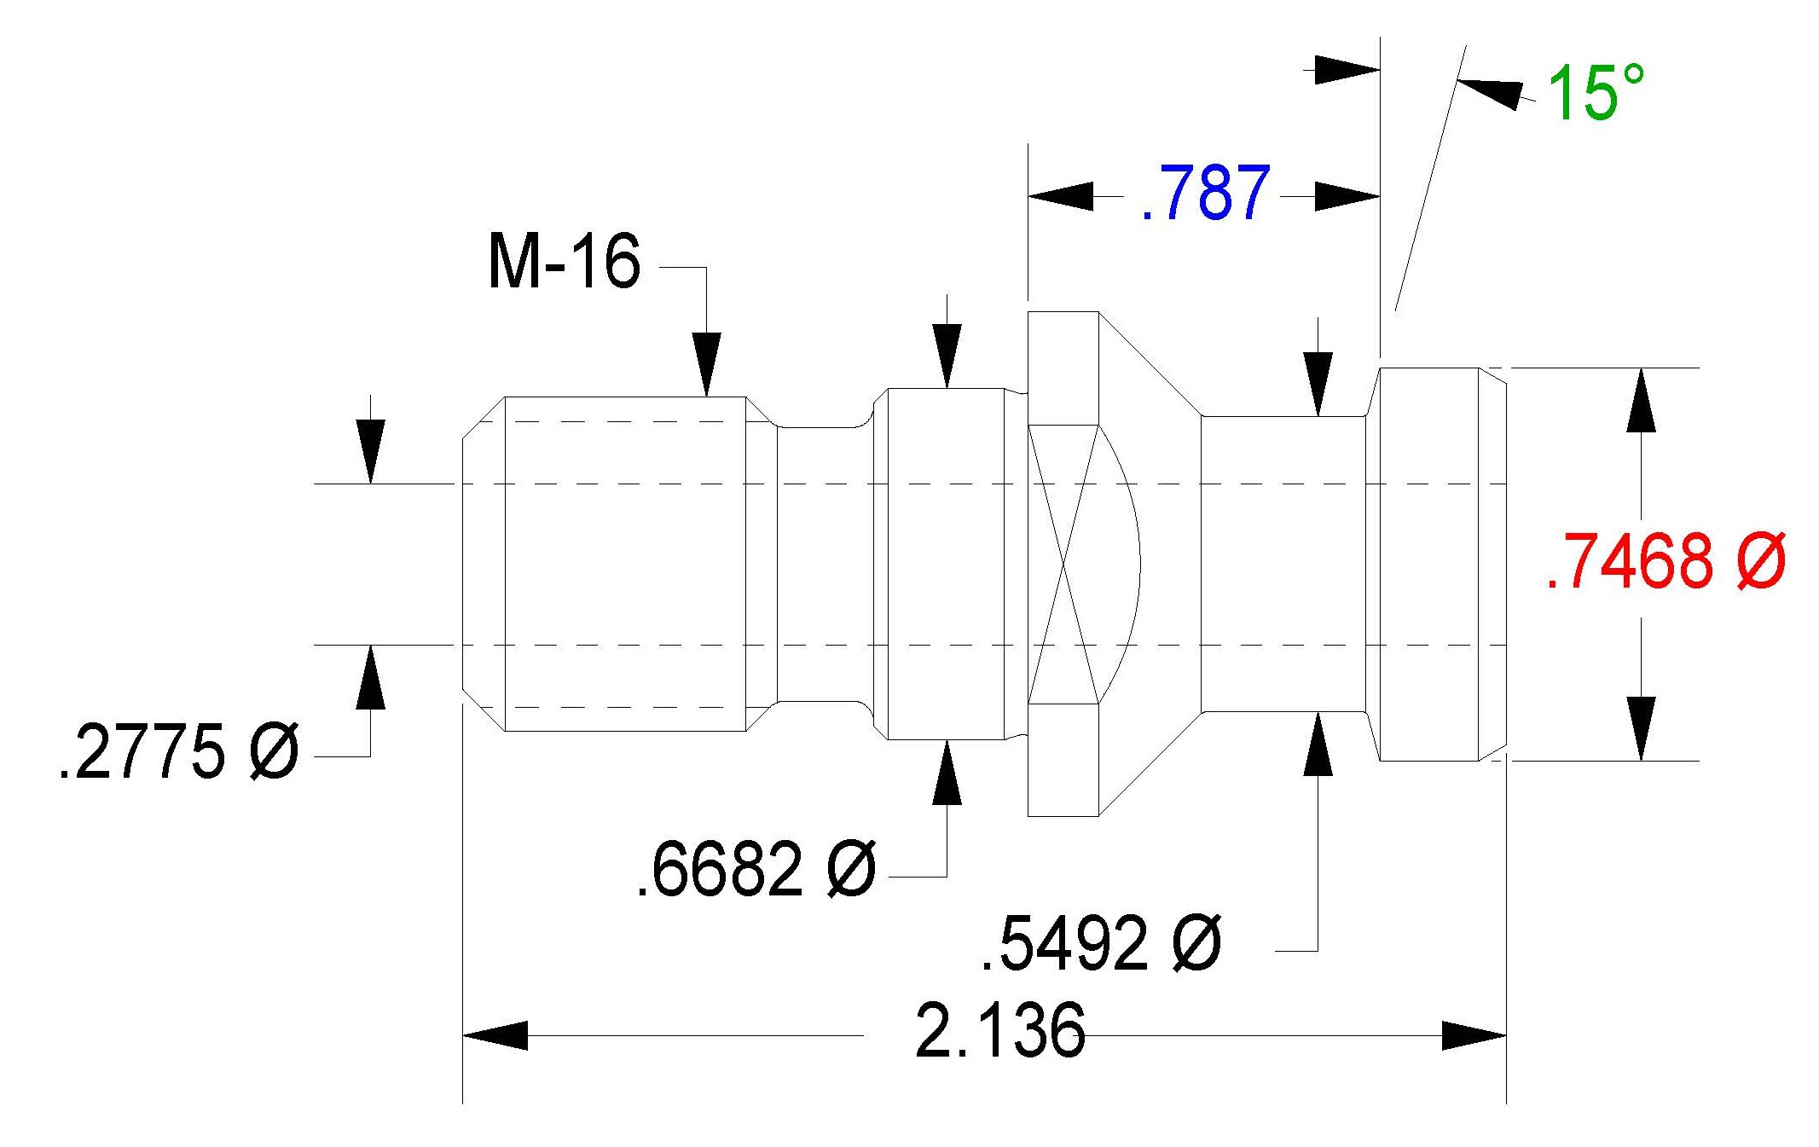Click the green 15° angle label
click(x=1596, y=92)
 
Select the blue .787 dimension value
click(x=1206, y=194)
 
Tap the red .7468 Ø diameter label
click(x=1665, y=561)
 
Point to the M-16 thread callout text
click(x=564, y=261)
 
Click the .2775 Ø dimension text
click(x=179, y=751)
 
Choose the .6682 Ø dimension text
click(x=756, y=869)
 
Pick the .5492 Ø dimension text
click(x=1101, y=943)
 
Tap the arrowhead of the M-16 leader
click(x=706, y=365)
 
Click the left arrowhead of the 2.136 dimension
click(x=495, y=1035)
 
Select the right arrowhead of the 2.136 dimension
click(x=1474, y=1035)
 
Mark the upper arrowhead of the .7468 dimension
click(x=1642, y=400)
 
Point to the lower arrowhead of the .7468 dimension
click(x=1642, y=728)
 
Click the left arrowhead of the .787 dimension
click(x=1061, y=196)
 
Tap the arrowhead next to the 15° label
click(x=1490, y=92)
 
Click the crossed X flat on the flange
click(x=1063, y=565)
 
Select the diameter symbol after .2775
click(x=274, y=751)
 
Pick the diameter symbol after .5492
click(x=1196, y=943)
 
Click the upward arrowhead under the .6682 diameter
click(x=947, y=773)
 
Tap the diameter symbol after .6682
click(x=851, y=869)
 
